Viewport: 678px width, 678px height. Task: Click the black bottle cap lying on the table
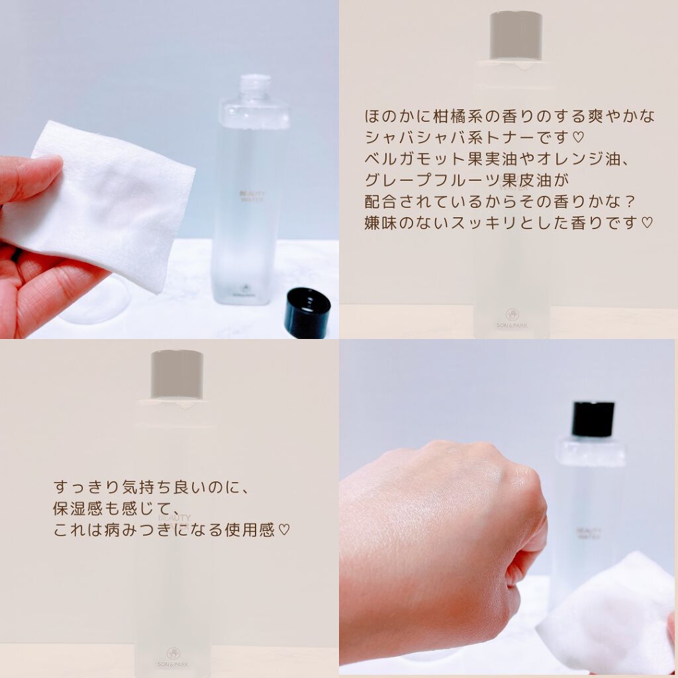click(307, 313)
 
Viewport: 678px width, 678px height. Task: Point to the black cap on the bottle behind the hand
click(593, 418)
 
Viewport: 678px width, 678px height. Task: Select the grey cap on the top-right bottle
click(515, 34)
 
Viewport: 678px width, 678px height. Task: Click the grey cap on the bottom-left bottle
click(176, 374)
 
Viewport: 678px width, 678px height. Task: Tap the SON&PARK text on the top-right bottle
click(512, 326)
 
